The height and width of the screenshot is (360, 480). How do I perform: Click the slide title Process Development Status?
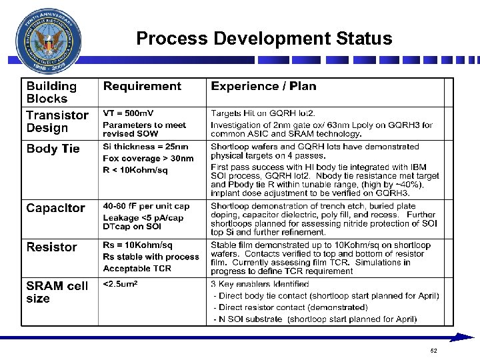pos(264,39)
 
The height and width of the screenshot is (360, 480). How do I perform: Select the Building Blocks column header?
pos(51,92)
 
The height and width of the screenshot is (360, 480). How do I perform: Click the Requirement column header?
pos(142,86)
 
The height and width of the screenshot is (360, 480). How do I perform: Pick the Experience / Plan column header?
pos(263,86)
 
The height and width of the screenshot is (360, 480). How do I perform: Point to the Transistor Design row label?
pos(57,121)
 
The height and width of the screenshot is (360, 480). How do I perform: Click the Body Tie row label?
pos(53,149)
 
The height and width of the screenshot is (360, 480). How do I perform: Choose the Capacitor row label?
pos(55,208)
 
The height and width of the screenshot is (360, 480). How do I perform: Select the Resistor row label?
pos(51,247)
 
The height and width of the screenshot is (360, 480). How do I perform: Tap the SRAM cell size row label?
pos(57,292)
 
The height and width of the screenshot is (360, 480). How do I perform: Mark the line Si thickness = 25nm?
pos(145,147)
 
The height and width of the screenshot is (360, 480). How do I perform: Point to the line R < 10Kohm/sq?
pos(135,170)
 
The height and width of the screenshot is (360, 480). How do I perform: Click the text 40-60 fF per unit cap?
pos(146,206)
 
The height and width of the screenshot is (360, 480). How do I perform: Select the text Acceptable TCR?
pos(137,269)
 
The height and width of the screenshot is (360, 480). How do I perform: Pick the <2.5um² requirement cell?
pos(120,284)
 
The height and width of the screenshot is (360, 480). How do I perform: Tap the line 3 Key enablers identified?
pos(259,284)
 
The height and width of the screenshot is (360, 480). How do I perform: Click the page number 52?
pos(433,351)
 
